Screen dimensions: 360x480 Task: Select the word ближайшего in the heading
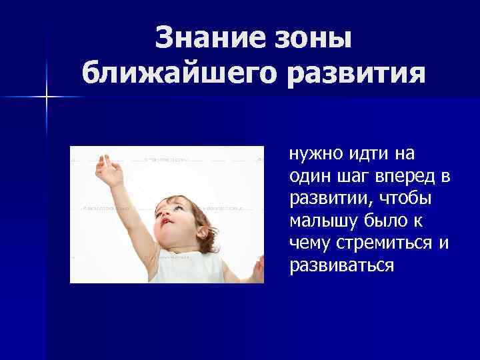click(175, 73)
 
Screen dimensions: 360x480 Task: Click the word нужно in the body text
click(315, 155)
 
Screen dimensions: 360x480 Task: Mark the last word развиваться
click(341, 266)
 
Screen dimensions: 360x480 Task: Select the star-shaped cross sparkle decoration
click(47, 97)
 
